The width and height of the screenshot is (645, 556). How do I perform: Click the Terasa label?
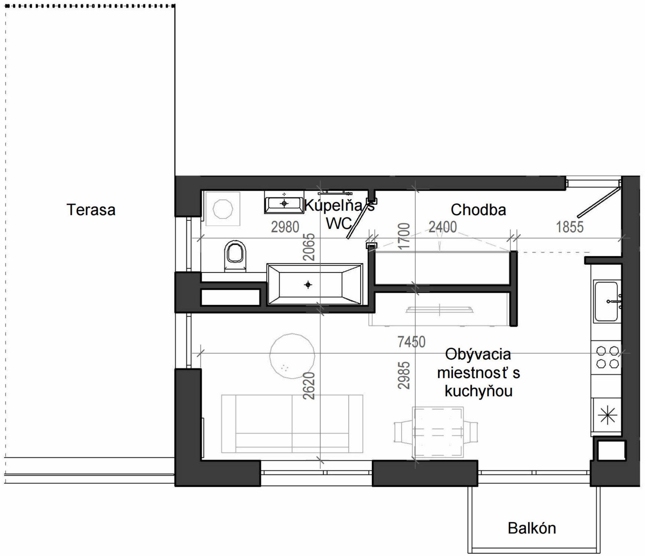coord(91,210)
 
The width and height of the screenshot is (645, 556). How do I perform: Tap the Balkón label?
coord(532,528)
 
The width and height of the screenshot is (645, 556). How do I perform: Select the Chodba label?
coord(478,210)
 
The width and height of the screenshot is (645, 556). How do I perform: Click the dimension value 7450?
coord(411,342)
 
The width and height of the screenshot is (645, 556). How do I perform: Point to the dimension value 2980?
coord(285,227)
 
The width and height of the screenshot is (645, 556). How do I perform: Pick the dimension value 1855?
coord(570,227)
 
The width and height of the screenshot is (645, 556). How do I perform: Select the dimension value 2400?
coord(443,227)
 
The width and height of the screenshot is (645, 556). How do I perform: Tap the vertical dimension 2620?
coord(309,386)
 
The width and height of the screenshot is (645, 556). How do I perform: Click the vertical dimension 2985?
coord(404,375)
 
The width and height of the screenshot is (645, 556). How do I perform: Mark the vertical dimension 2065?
coord(309,247)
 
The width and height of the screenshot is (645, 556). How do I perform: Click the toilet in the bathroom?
coord(235,256)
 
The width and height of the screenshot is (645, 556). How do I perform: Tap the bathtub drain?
coord(308,284)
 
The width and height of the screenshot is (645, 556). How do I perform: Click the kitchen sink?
coord(607,301)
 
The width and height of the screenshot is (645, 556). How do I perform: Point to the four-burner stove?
coord(607,357)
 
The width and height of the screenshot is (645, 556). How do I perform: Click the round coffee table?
coord(292,355)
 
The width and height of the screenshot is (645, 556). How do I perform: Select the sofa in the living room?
coord(292,424)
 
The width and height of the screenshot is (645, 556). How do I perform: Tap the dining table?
coord(437,432)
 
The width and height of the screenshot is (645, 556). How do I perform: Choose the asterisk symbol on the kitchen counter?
coord(607,416)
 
